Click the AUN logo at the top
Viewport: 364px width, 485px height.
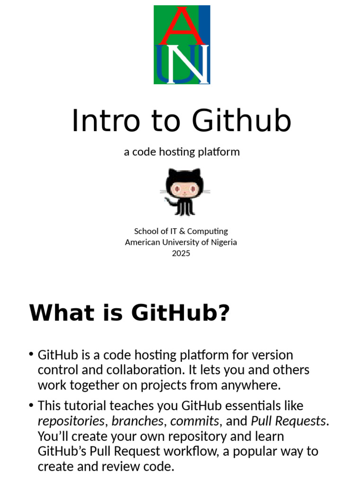pos(182,45)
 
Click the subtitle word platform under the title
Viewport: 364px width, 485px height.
pos(219,152)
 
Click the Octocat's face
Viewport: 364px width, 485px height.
pos(184,189)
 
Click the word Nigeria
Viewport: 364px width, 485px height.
pos(222,242)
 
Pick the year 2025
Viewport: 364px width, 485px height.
pos(181,253)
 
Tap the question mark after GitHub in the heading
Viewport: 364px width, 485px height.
pos(223,313)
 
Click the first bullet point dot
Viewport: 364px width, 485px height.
pos(31,354)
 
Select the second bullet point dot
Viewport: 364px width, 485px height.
pos(31,405)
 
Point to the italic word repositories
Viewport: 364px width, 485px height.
pos(71,421)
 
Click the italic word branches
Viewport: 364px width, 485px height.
pos(137,421)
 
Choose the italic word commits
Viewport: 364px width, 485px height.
pos(194,421)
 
